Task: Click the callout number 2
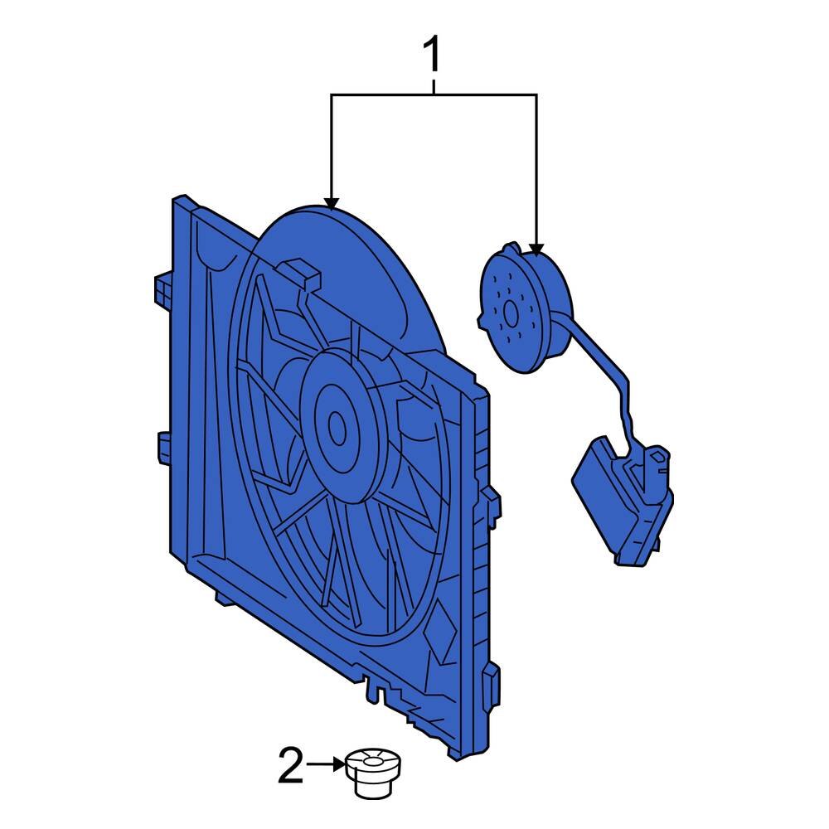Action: (x=291, y=766)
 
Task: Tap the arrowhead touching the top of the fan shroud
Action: (x=332, y=203)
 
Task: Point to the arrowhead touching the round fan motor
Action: (x=536, y=248)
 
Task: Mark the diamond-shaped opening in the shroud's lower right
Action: (x=436, y=629)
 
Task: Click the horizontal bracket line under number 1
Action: (x=434, y=96)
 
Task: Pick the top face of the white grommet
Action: (x=372, y=758)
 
